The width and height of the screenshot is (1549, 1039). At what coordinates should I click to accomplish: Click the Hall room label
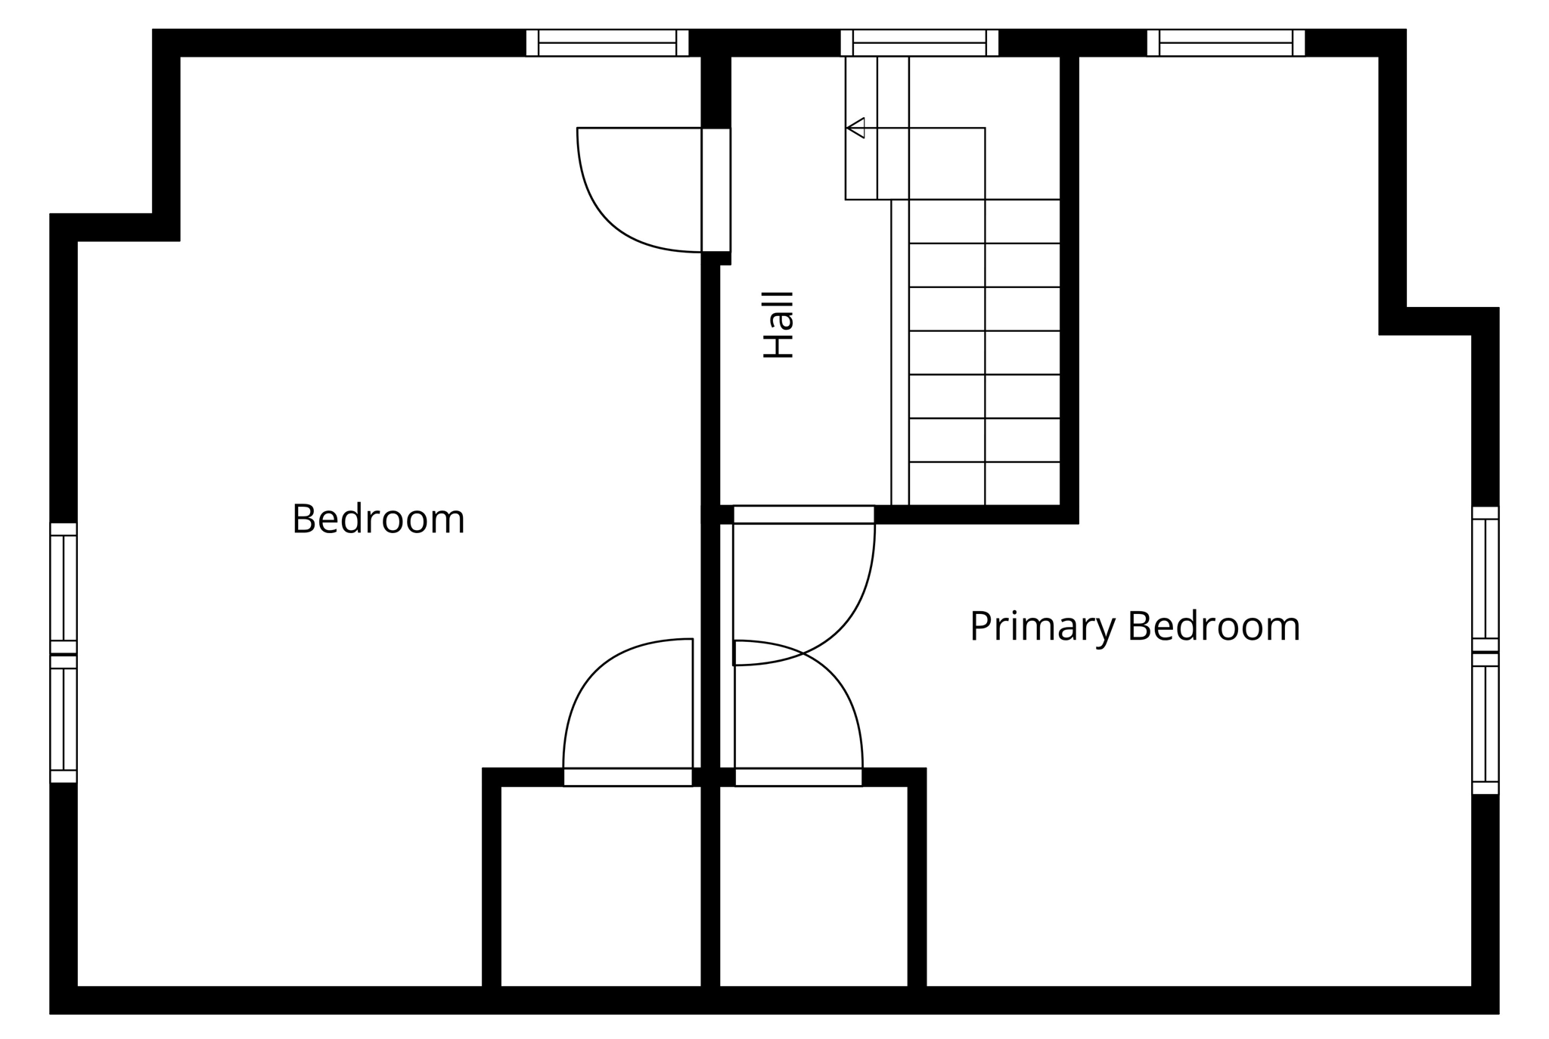(x=778, y=324)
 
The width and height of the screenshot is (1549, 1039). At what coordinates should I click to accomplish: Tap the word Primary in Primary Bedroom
(x=1042, y=627)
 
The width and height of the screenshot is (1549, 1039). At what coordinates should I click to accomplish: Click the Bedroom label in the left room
(x=378, y=519)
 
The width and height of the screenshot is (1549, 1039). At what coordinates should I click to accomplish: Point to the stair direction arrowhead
(x=855, y=128)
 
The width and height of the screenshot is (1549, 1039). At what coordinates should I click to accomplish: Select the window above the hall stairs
(x=919, y=43)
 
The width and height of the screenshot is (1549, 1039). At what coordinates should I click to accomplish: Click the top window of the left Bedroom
(x=607, y=43)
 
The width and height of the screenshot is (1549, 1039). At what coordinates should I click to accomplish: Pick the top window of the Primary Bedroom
(x=1225, y=43)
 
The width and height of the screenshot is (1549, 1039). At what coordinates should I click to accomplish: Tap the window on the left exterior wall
(x=64, y=653)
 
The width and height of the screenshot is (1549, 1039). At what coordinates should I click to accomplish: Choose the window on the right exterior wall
(x=1485, y=650)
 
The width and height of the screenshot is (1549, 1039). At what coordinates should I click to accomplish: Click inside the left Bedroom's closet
(x=601, y=885)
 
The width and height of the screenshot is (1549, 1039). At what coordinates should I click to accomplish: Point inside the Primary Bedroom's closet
(x=813, y=885)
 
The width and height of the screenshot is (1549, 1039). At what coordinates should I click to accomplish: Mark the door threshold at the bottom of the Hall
(x=803, y=514)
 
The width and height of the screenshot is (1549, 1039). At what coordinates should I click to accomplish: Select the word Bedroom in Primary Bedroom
(x=1213, y=627)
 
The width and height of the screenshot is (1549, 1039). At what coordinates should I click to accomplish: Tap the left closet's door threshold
(x=628, y=777)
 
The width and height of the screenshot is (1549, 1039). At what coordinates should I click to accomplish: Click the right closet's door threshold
(x=798, y=777)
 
